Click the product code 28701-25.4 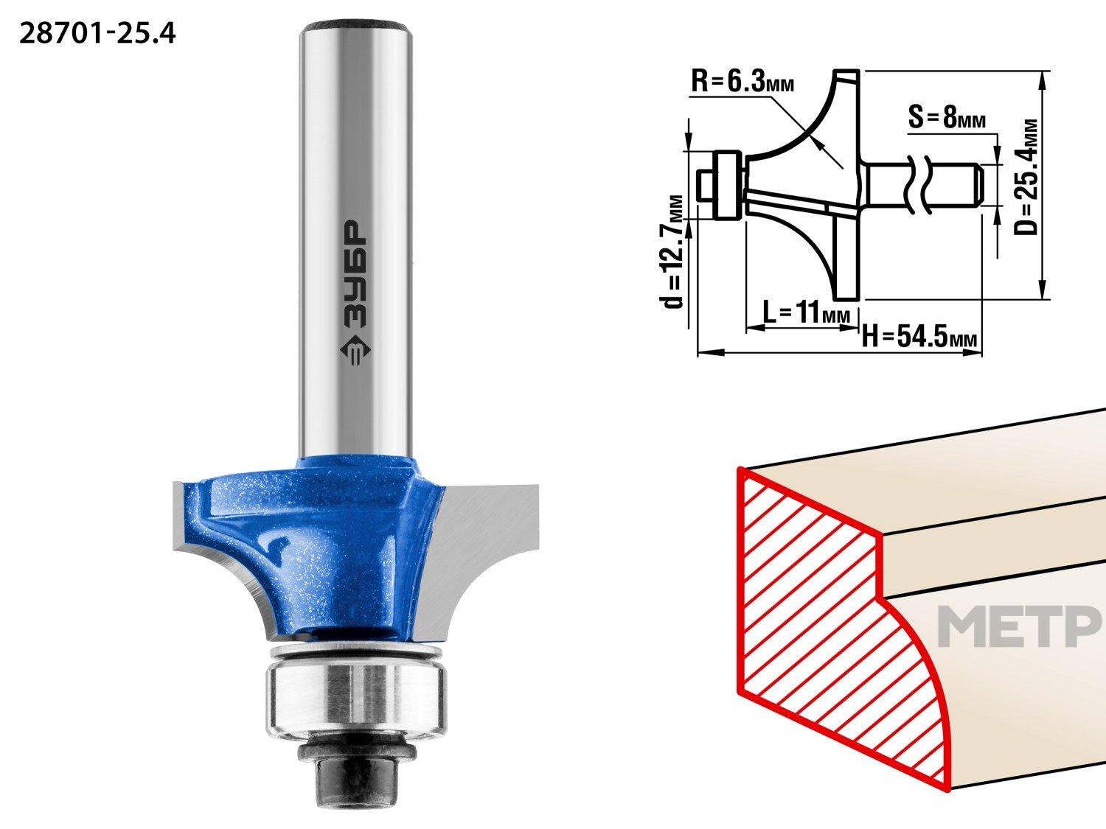pyautogui.click(x=97, y=34)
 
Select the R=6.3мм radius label pyautogui.click(x=742, y=82)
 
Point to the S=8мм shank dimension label pyautogui.click(x=947, y=117)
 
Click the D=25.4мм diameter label pyautogui.click(x=1026, y=177)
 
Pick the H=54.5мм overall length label pyautogui.click(x=919, y=336)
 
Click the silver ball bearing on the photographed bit pyautogui.click(x=356, y=699)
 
